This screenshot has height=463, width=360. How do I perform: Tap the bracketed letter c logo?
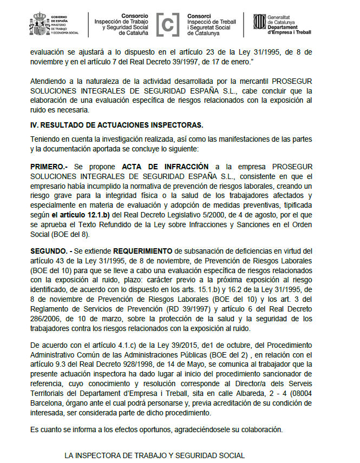168,24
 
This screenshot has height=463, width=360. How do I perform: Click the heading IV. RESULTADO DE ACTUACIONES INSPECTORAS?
117,125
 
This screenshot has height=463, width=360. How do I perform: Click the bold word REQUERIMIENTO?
148,250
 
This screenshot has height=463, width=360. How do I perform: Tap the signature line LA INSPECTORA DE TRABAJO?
154,455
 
